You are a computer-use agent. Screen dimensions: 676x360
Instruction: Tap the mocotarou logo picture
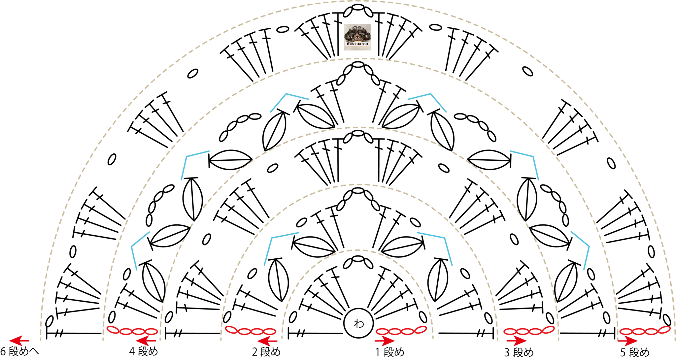357,37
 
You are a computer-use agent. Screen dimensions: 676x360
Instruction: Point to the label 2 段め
266,352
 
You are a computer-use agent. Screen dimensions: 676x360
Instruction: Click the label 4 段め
144,352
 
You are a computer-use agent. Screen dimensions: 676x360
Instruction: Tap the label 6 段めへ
20,352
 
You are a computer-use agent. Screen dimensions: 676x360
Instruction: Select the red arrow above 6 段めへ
19,341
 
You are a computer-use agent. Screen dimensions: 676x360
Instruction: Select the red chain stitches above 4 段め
132,330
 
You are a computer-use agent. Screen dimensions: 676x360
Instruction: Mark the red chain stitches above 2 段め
251,330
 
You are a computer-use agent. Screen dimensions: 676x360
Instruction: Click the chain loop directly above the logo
358,6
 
